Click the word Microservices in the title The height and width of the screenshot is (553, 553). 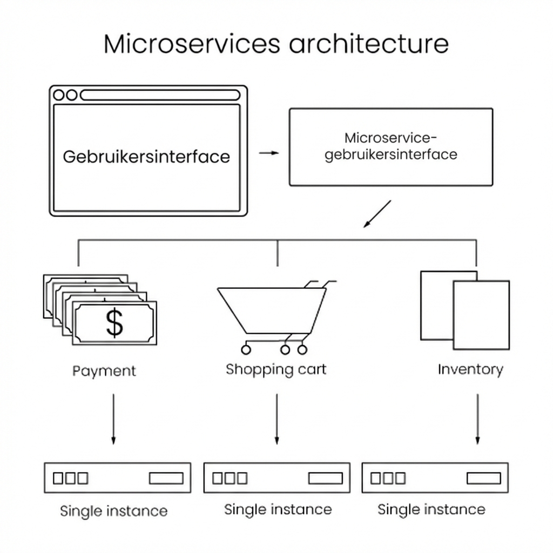(x=192, y=44)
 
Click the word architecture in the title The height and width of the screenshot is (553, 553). (x=369, y=44)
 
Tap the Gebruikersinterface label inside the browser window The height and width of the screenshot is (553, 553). (x=146, y=157)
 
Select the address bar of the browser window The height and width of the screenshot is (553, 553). (x=160, y=95)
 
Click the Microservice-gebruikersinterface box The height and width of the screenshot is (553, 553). (x=391, y=147)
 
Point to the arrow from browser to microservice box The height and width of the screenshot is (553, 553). (x=269, y=153)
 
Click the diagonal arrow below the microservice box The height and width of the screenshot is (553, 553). (x=376, y=214)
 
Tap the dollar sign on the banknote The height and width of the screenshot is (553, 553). (x=114, y=322)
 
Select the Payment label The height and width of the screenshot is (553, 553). (x=104, y=371)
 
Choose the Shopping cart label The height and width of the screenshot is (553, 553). (x=276, y=369)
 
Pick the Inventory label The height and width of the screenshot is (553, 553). (x=470, y=369)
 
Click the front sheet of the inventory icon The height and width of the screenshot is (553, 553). (x=481, y=315)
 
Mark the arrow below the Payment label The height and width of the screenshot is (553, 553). (x=113, y=419)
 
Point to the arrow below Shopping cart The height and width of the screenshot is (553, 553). (x=276, y=419)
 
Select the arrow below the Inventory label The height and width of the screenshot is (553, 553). (x=477, y=419)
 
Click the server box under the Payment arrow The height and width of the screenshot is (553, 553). (x=118, y=478)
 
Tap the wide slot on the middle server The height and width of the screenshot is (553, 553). (x=325, y=478)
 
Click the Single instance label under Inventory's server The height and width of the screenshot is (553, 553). (x=431, y=509)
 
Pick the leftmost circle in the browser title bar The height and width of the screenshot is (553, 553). (x=59, y=95)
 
